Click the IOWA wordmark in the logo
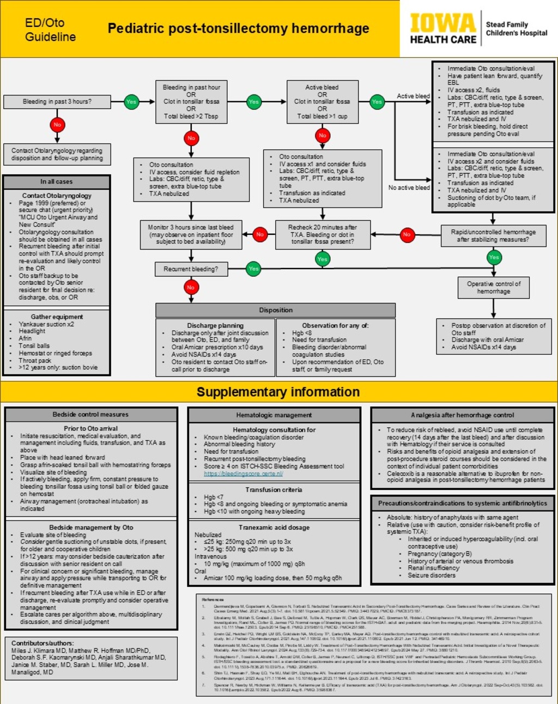coord(442,23)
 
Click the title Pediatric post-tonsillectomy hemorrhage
coord(238,28)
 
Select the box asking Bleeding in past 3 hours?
coord(57,102)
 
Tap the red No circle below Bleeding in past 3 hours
coord(57,125)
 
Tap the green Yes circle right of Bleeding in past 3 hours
coord(131,102)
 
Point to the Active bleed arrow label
coord(413,96)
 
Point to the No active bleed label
coord(409,187)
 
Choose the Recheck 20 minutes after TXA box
coord(322,234)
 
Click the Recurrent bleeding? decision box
coord(191,269)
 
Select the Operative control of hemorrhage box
coord(494,288)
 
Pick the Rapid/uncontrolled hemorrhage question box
coord(493,235)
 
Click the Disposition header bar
coord(276,310)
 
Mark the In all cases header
coord(56,181)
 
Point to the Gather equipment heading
coord(57,317)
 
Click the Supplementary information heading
coord(278,392)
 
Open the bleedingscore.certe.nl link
coord(243,474)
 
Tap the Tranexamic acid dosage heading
coord(274,527)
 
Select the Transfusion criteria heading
coord(274,490)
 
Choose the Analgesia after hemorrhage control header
coord(463,415)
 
